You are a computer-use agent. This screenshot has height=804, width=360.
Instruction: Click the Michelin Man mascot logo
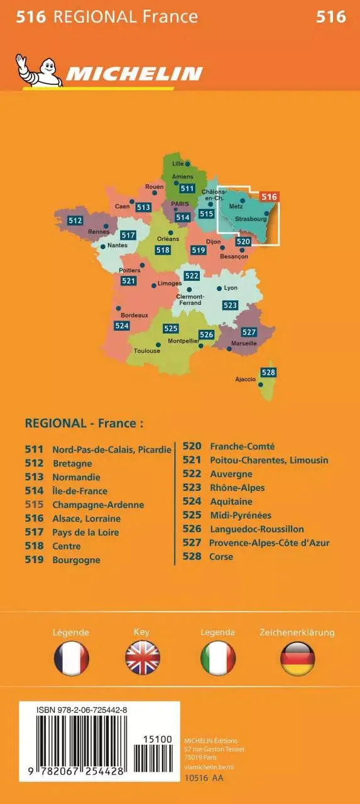(x=38, y=70)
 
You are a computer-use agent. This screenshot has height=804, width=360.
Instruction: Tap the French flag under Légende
(x=71, y=659)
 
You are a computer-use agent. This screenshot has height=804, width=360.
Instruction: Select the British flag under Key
(x=143, y=659)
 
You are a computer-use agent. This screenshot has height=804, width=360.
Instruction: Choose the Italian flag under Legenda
(x=218, y=659)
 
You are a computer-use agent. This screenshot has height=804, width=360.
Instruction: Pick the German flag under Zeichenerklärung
(x=297, y=659)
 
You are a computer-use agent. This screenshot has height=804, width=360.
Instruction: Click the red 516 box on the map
(x=269, y=197)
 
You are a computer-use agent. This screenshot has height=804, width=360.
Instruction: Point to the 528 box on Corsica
(x=268, y=373)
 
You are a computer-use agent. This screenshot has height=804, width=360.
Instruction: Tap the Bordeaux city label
(x=134, y=315)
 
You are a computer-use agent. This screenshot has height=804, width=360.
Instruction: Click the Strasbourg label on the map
(x=251, y=219)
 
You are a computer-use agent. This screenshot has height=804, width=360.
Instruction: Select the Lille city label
(x=178, y=163)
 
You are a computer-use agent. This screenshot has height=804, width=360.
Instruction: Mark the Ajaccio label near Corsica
(x=245, y=379)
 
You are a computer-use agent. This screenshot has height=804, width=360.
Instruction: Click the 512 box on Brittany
(x=75, y=221)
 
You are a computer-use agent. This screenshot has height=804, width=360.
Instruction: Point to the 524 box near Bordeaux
(x=122, y=326)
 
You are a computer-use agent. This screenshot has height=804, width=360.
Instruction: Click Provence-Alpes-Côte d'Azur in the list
(x=269, y=542)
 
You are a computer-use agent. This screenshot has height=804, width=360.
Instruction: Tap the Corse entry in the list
(x=221, y=556)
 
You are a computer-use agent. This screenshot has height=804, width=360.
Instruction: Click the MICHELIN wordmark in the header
(x=134, y=74)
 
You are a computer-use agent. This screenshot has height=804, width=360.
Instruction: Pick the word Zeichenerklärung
(x=297, y=632)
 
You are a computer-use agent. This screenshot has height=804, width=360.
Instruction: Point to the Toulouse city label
(x=147, y=351)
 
